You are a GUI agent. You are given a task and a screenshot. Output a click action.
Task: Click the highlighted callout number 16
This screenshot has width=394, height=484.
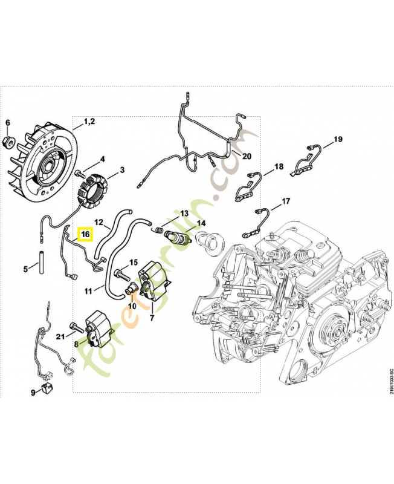(85, 234)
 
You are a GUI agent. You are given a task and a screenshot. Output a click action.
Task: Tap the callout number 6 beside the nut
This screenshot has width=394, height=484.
(8, 123)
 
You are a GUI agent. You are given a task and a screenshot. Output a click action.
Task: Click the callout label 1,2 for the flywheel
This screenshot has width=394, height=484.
(89, 122)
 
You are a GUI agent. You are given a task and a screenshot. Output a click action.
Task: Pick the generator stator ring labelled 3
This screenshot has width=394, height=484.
(92, 192)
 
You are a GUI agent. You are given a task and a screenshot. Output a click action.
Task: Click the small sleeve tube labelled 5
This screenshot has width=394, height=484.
(40, 263)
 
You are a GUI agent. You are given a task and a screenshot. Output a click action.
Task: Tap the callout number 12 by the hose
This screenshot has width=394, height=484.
(98, 222)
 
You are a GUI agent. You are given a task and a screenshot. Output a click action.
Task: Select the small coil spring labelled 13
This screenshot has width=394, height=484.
(158, 230)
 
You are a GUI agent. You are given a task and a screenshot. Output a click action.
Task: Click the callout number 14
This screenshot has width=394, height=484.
(201, 223)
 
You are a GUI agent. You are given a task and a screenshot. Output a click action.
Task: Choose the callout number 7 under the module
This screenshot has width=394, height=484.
(152, 317)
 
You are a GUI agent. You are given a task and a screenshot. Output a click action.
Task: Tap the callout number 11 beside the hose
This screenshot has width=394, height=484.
(88, 291)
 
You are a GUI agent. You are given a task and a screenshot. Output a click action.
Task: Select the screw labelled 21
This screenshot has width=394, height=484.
(77, 327)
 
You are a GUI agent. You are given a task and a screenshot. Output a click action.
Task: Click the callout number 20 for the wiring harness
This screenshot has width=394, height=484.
(247, 157)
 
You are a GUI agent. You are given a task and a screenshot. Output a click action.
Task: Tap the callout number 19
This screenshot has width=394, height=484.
(338, 139)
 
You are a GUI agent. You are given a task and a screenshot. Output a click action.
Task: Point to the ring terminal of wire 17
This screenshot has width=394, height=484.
(247, 235)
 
